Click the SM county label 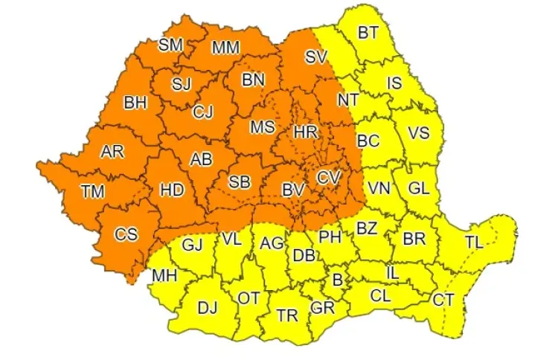171,45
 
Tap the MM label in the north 225,48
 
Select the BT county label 368,33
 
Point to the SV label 316,57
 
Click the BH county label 135,103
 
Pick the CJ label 202,112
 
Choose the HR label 306,132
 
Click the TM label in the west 92,192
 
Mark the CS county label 126,234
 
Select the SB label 240,181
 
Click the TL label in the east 473,242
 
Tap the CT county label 443,300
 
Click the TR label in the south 287,315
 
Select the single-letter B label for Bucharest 337,281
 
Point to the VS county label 419,134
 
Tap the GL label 419,188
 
